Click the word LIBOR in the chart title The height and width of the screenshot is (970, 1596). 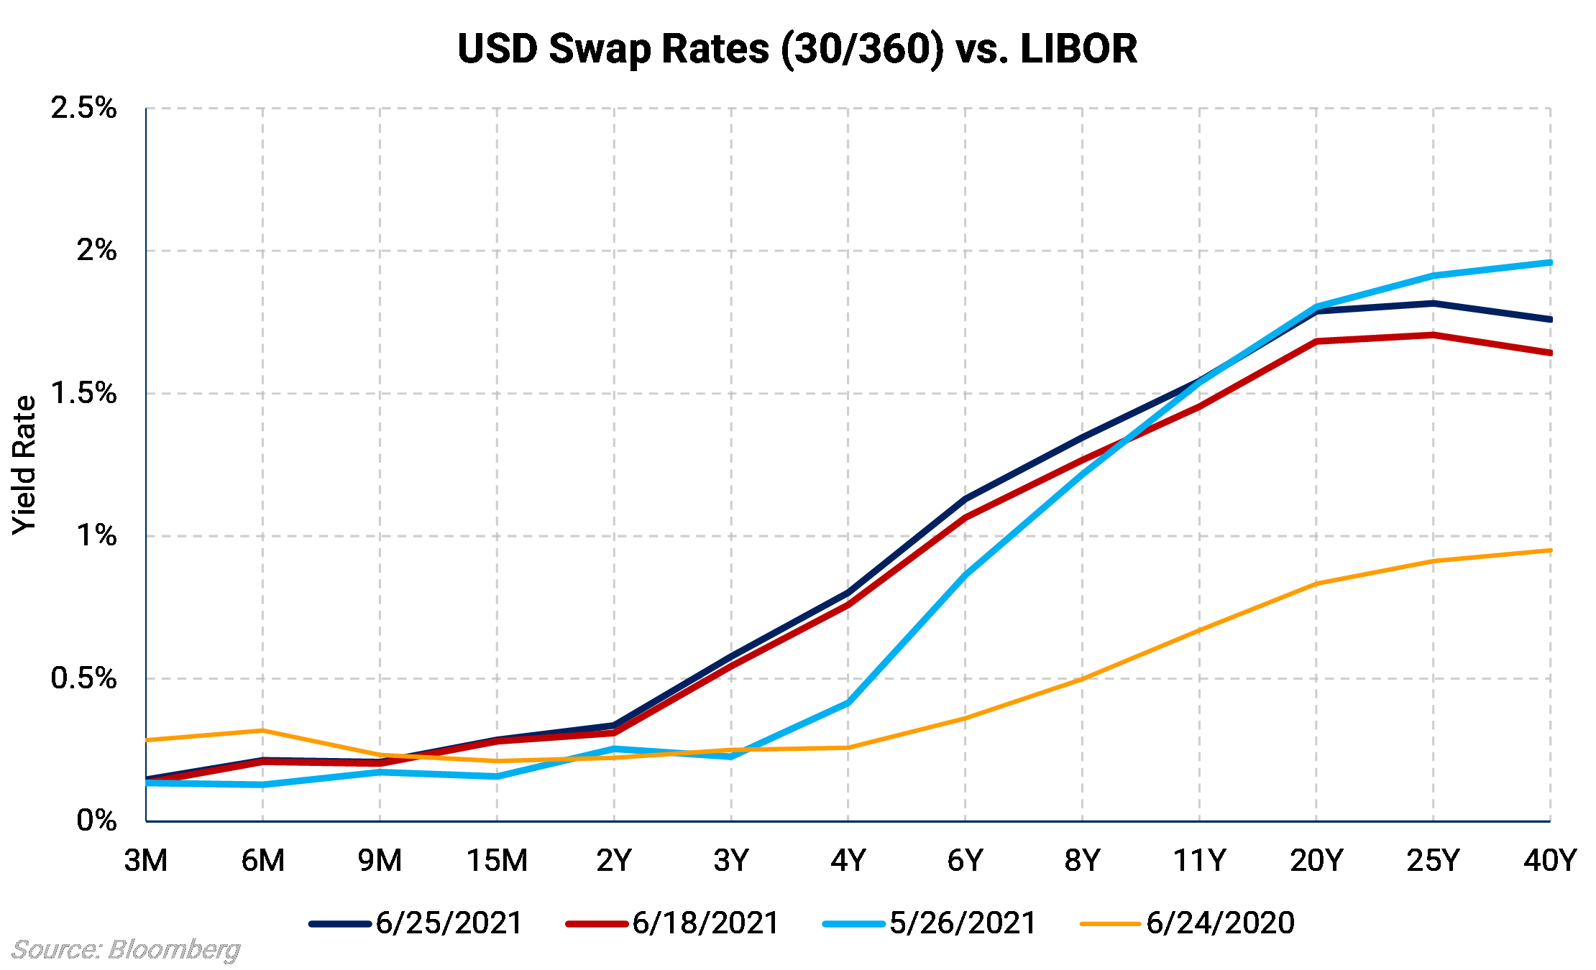pos(1078,49)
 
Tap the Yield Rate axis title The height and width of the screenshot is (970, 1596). pos(24,464)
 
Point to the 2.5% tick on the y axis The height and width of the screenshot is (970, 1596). pos(83,108)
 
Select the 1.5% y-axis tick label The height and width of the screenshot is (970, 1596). pos(83,393)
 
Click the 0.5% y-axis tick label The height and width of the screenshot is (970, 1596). pos(83,678)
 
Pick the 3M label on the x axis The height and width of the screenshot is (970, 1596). pos(146,860)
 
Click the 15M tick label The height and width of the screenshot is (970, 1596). pos(497,860)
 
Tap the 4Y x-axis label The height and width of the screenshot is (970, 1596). pos(848,860)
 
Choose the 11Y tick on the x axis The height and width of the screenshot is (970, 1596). pos(1199,860)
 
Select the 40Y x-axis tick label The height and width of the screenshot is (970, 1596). pos(1549,860)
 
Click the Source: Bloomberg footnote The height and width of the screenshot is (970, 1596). pos(126,950)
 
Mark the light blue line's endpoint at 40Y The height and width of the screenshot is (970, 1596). pos(1550,263)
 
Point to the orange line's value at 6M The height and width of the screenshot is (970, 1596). pos(263,731)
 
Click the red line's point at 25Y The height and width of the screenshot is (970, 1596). pos(1434,335)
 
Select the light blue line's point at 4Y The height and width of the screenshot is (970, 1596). pos(848,703)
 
